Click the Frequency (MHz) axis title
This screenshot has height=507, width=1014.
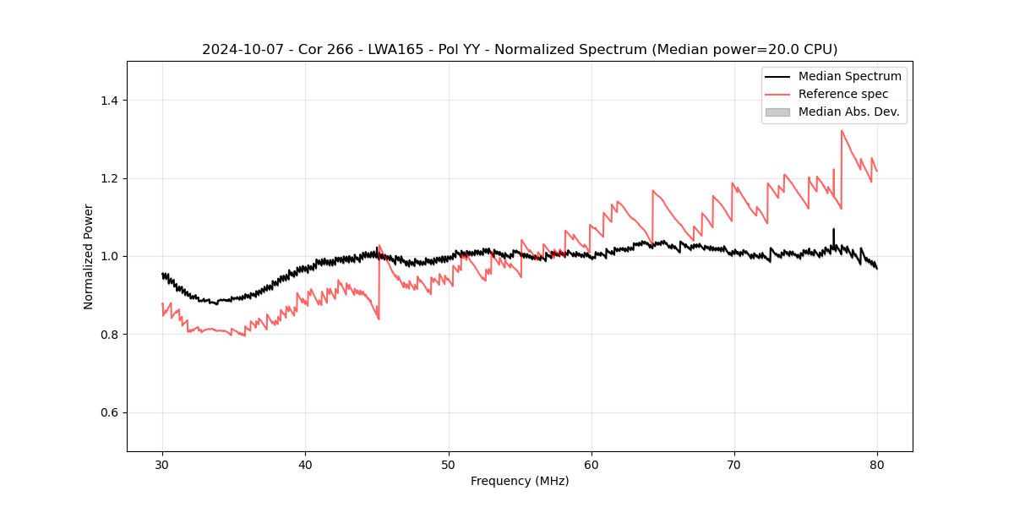(x=520, y=481)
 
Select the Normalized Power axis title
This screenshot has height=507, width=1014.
(x=89, y=256)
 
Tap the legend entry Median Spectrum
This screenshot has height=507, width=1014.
(x=849, y=76)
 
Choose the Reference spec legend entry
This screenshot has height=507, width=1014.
(x=843, y=94)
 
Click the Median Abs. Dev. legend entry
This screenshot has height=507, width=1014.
(x=849, y=112)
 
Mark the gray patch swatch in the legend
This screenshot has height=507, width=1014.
(x=777, y=112)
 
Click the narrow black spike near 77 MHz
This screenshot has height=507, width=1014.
(x=833, y=232)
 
